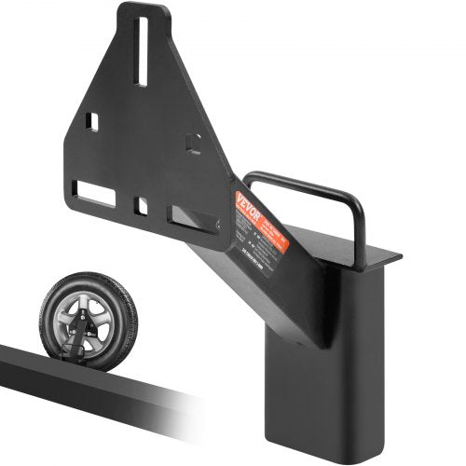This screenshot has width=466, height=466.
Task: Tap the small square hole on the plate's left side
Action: coord(91,121)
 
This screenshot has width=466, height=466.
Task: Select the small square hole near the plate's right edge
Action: coord(194,143)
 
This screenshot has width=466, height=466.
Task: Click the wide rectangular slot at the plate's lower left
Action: coord(95,194)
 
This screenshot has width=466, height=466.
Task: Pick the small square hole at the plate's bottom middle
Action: coord(141,203)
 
